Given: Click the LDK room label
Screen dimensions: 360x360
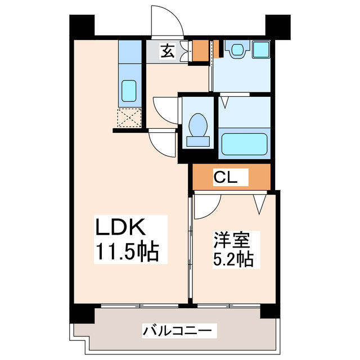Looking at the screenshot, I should point(121,228).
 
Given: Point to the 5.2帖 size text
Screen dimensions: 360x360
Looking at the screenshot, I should point(233,259).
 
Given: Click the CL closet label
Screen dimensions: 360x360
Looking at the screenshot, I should point(230,178).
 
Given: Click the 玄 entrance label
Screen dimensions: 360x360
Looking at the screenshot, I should point(167,51).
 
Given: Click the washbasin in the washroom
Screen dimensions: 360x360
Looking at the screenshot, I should point(236,49).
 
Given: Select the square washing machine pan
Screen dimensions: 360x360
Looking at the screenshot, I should point(261,49).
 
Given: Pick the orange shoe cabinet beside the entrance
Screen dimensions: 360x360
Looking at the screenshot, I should point(199,51).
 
